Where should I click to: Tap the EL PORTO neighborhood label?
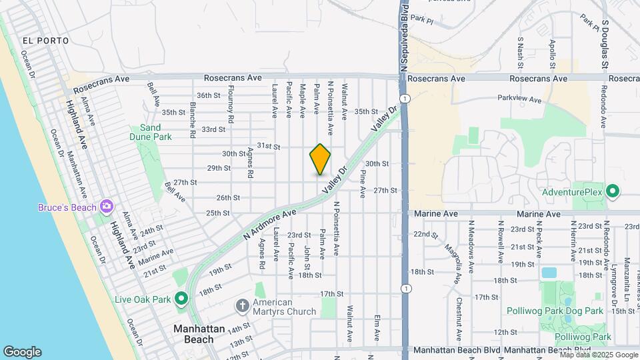[x=45, y=41]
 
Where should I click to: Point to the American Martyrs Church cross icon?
[x=243, y=306]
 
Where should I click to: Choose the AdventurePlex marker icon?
[x=613, y=193]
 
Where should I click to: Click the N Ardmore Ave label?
[x=270, y=224]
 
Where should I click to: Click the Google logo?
[x=22, y=352]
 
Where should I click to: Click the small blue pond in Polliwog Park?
[x=549, y=272]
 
